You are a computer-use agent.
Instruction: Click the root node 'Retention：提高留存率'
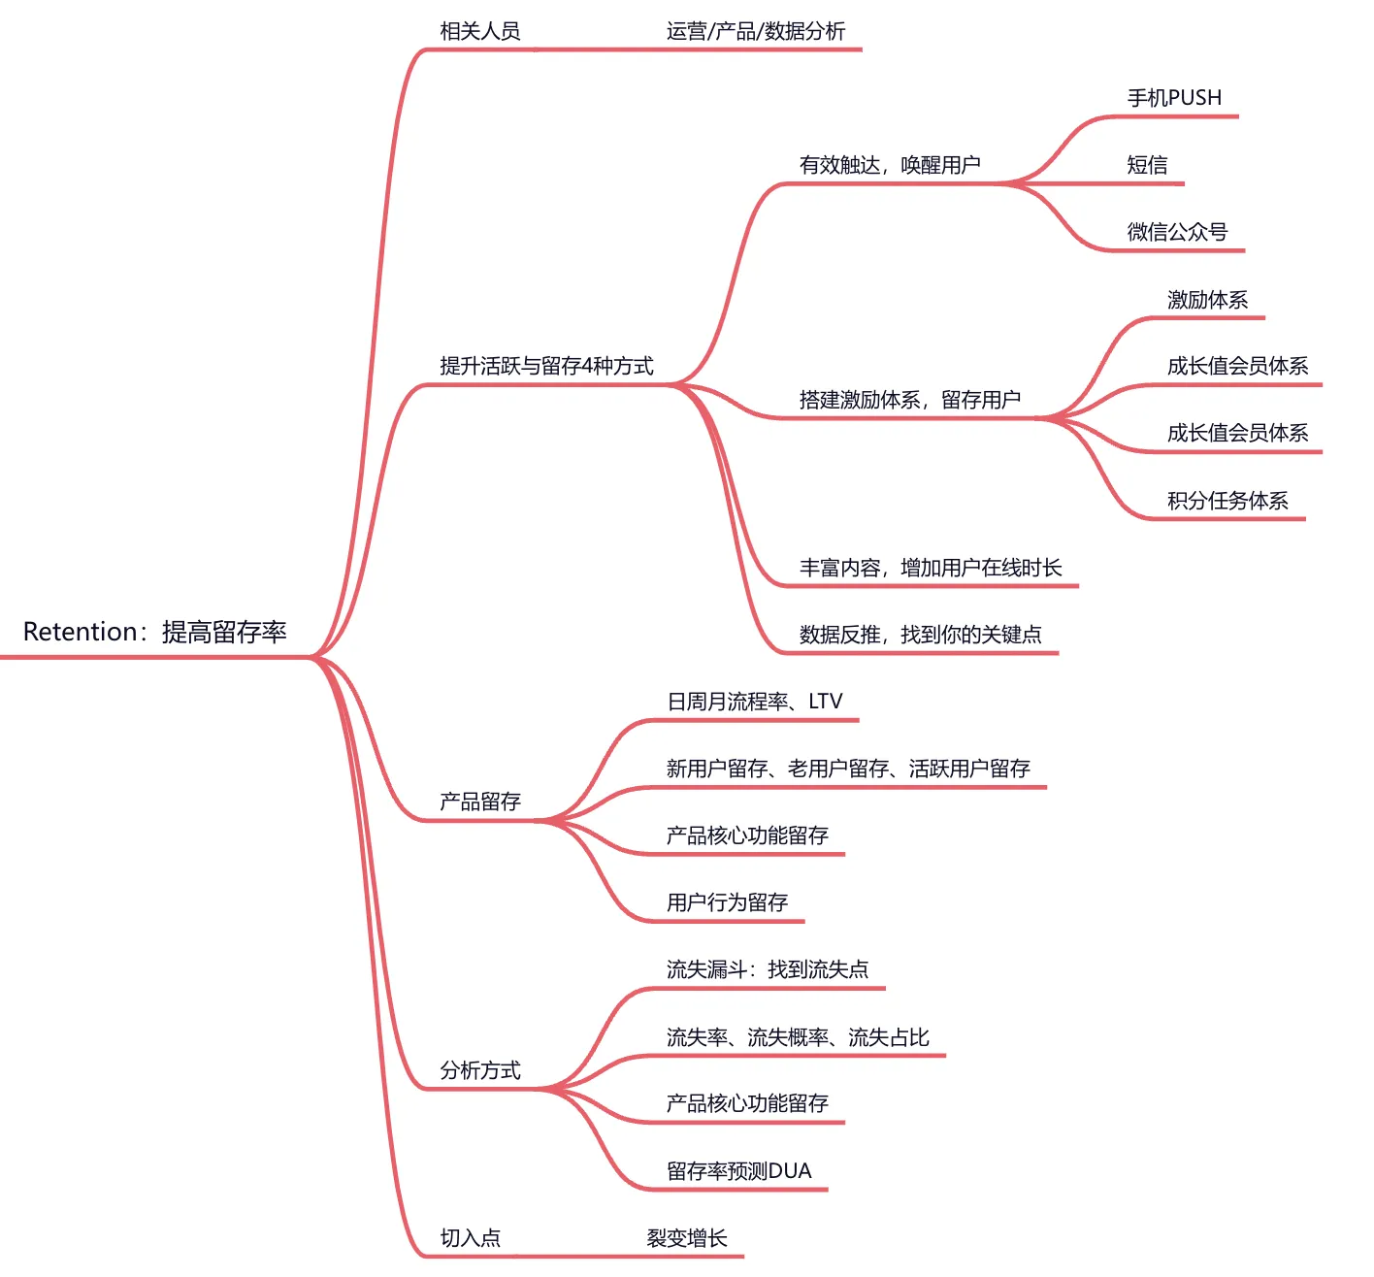pos(155,633)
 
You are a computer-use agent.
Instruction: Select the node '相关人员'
pos(480,31)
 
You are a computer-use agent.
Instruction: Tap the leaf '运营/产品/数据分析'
pos(756,31)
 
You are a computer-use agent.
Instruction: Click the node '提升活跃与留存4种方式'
pos(546,366)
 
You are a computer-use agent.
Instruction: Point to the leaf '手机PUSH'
pos(1174,98)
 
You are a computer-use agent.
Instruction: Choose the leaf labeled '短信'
pos(1147,165)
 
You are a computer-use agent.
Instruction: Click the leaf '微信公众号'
pos(1177,232)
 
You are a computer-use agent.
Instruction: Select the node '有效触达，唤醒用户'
pos(890,165)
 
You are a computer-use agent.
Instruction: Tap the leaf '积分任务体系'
pos(1227,501)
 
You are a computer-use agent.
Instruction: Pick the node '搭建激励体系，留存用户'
pos(909,400)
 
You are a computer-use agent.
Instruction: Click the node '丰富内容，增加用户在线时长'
pos(931,568)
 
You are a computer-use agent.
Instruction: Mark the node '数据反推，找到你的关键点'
pos(920,635)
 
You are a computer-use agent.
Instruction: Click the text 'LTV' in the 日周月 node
pos(826,702)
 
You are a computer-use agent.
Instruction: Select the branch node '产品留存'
pos(480,802)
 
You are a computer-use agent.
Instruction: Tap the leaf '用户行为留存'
pos(727,902)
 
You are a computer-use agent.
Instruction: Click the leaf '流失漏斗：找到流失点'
pos(768,969)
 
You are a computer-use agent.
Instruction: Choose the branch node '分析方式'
pos(480,1070)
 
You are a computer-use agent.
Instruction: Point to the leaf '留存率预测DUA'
pos(738,1171)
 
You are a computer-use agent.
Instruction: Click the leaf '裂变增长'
pos(687,1238)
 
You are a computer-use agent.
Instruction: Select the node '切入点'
pos(471,1238)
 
